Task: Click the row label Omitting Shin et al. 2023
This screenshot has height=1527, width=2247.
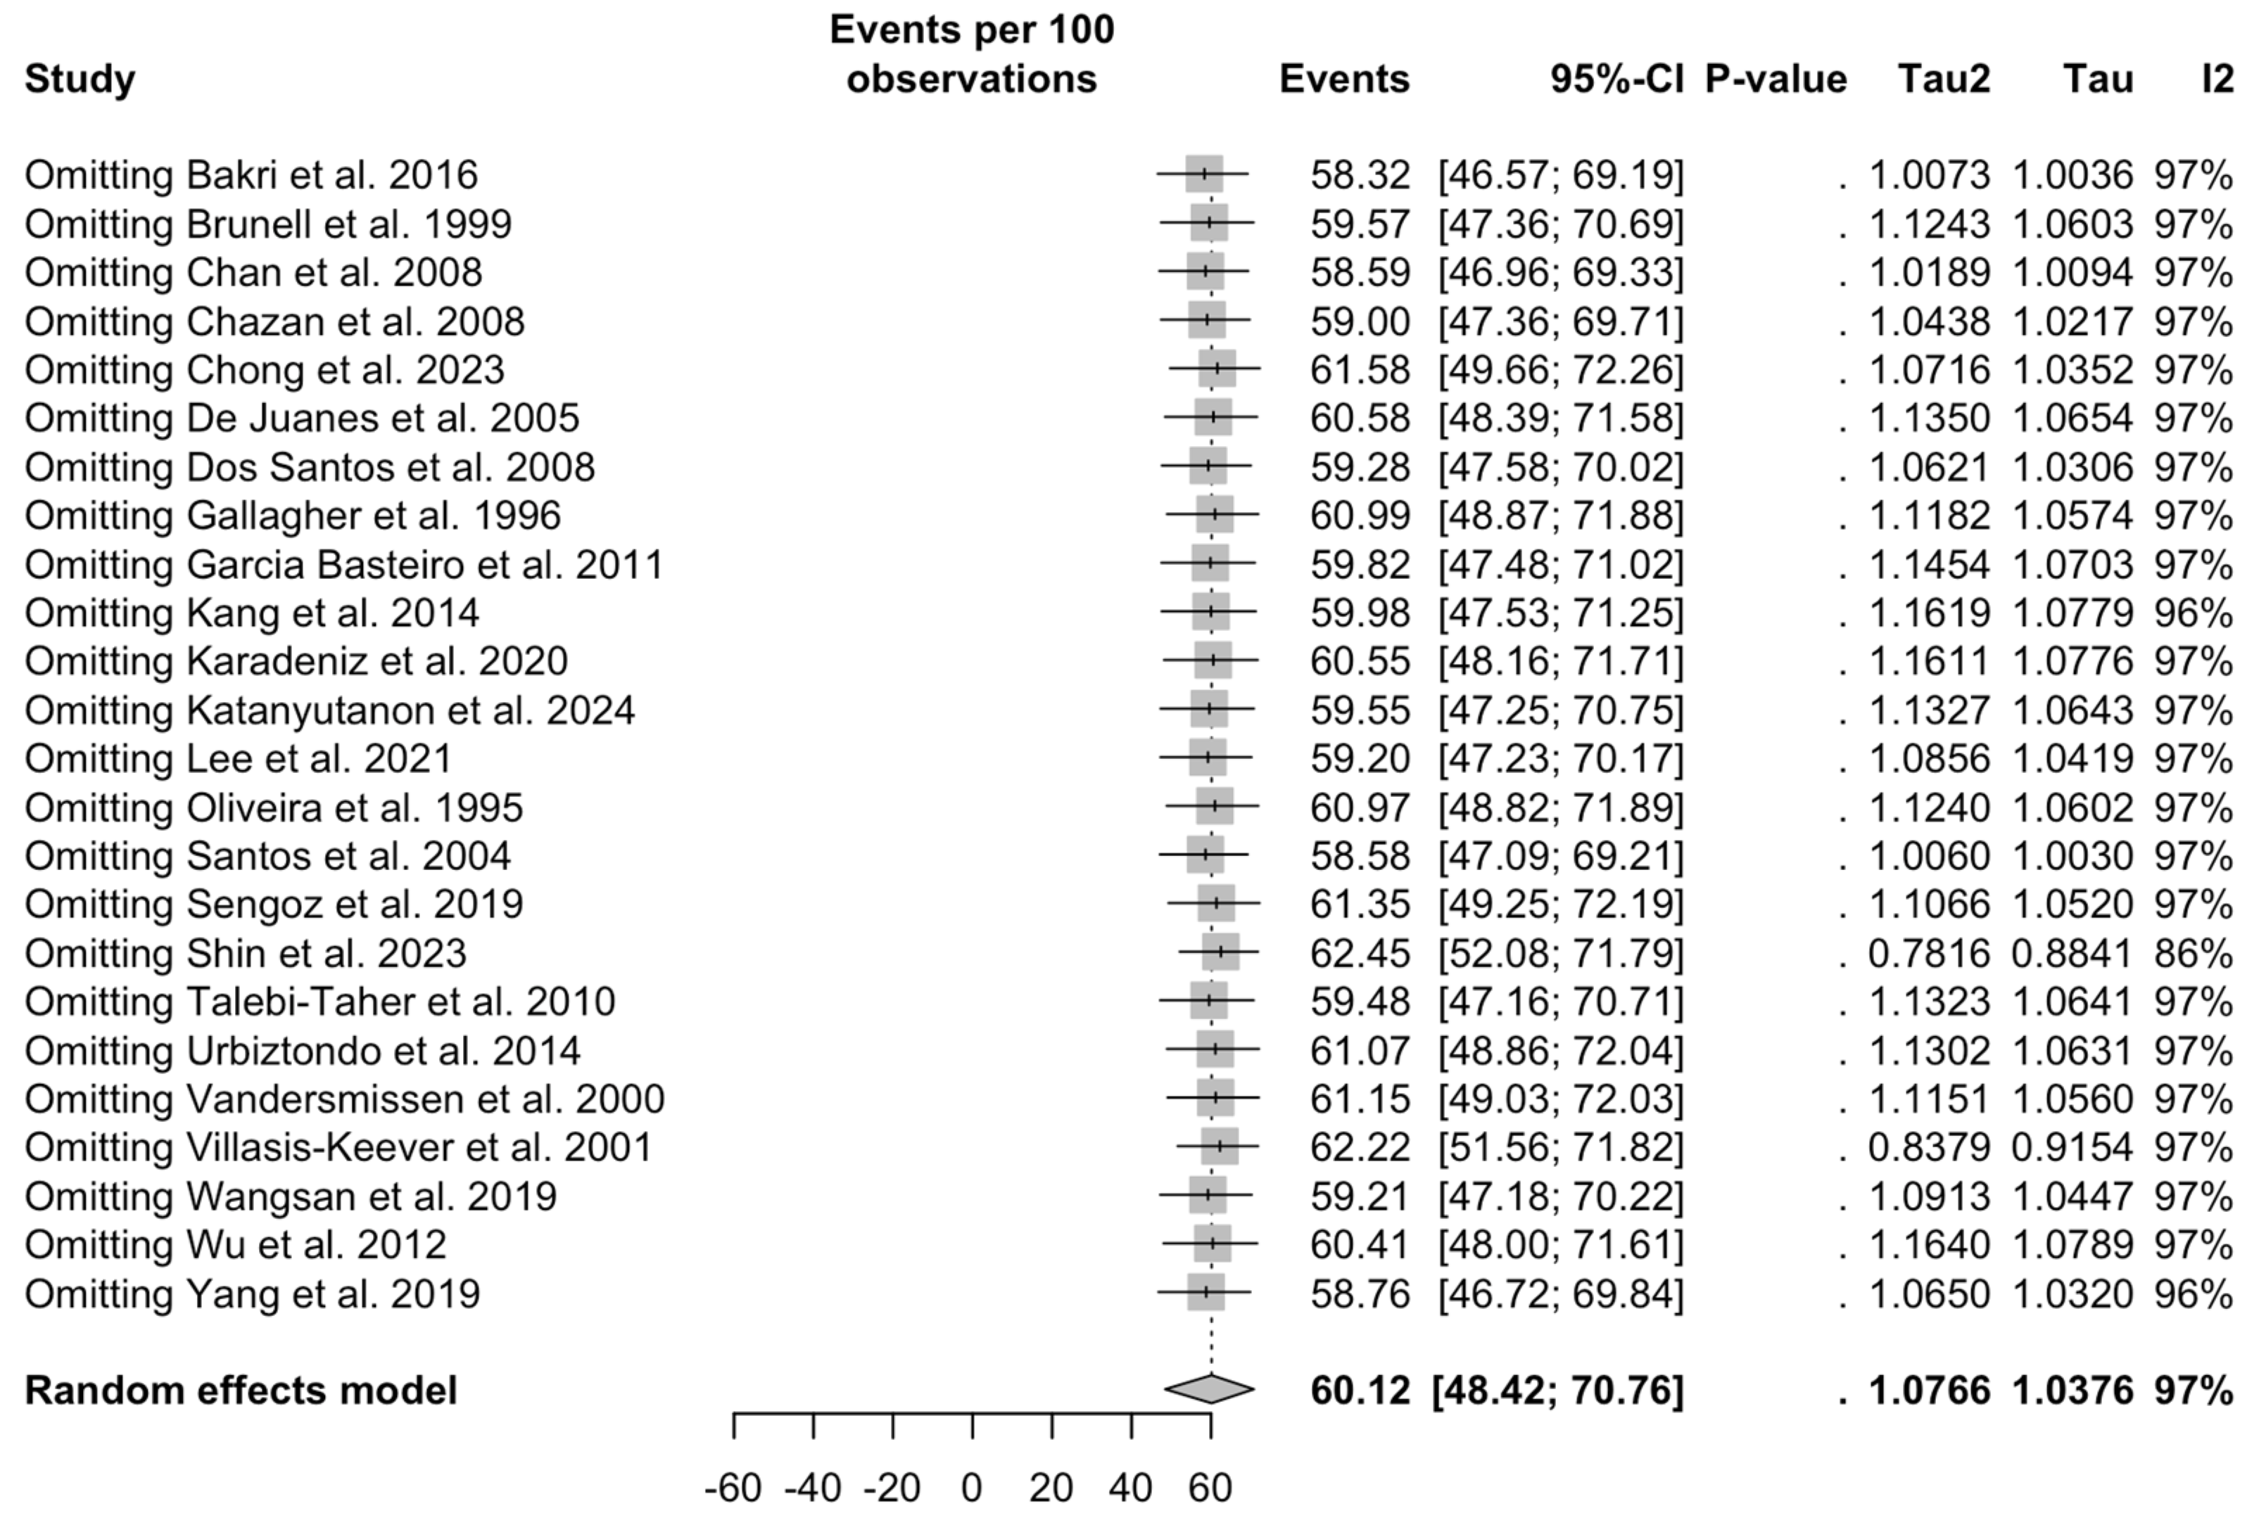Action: [246, 953]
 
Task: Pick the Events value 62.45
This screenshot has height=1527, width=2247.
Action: [1360, 953]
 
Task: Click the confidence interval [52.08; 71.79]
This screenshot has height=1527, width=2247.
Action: [1561, 953]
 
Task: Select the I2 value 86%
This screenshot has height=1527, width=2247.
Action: [2193, 953]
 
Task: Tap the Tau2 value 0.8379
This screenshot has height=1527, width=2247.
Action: [1929, 1147]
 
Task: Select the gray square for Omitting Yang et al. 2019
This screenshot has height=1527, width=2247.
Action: [1205, 1292]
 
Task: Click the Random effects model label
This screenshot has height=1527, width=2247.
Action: [241, 1390]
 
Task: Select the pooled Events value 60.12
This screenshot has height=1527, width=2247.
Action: [1360, 1390]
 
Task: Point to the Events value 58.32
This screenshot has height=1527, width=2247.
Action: [1360, 175]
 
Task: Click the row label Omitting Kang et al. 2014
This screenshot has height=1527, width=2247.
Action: [251, 613]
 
